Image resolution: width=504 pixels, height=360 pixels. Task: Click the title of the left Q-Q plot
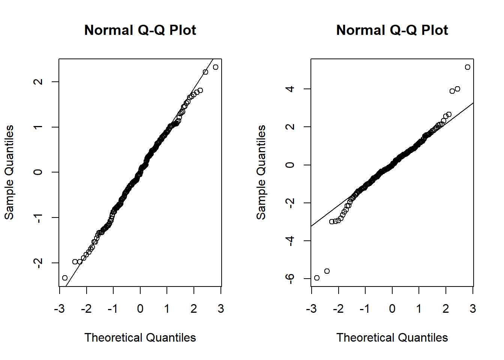pyautogui.click(x=140, y=30)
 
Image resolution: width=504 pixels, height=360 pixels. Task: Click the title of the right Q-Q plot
pyautogui.click(x=392, y=30)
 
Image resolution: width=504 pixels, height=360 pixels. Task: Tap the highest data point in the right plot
pyautogui.click(x=467, y=67)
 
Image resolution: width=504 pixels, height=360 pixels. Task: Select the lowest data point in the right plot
pyautogui.click(x=317, y=278)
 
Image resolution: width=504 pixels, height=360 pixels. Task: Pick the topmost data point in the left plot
pyautogui.click(x=215, y=67)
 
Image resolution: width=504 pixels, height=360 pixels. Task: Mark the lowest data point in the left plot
pyautogui.click(x=65, y=278)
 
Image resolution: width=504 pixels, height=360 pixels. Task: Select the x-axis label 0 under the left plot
pyautogui.click(x=140, y=309)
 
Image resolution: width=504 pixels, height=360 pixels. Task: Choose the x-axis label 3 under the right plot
pyautogui.click(x=473, y=309)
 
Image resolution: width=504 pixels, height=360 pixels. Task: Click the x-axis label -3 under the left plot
pyautogui.click(x=59, y=309)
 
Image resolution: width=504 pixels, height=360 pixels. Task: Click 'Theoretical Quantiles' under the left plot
pyautogui.click(x=140, y=337)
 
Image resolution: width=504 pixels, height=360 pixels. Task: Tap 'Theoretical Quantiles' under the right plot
pyautogui.click(x=392, y=337)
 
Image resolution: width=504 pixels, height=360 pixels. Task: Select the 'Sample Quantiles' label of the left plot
pyautogui.click(x=9, y=172)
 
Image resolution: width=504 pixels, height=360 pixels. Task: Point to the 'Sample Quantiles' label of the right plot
pyautogui.click(x=261, y=172)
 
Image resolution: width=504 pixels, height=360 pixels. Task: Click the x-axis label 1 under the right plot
pyautogui.click(x=419, y=309)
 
